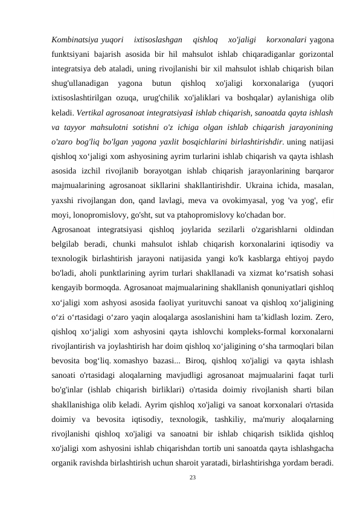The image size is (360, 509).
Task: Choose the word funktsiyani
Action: click(72, 54)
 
